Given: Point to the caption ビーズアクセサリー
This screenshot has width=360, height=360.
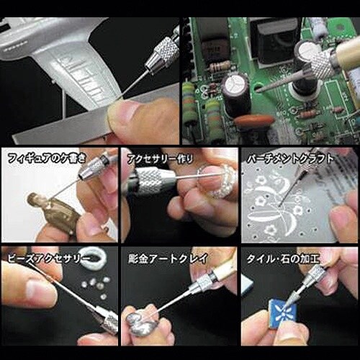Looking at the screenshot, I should click(x=45, y=256).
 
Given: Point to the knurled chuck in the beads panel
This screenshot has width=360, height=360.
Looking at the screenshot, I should click(x=108, y=320).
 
